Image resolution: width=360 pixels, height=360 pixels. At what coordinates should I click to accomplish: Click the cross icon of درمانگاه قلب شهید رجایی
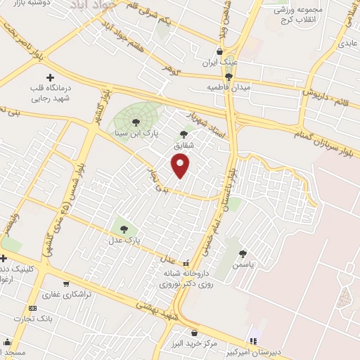click(49, 77)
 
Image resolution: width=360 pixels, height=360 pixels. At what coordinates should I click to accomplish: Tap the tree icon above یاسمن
click(243, 253)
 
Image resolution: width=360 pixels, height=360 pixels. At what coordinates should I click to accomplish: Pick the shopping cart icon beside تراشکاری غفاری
click(65, 284)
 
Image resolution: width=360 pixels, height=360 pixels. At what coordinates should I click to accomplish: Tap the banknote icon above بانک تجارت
click(32, 308)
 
